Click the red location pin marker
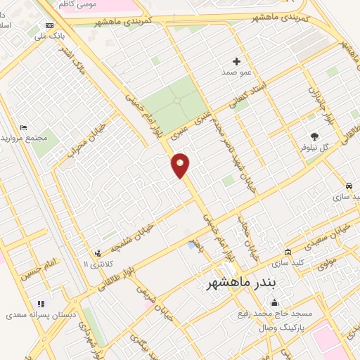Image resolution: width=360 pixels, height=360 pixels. point(181,165)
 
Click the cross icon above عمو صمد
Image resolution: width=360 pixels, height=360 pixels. point(236,62)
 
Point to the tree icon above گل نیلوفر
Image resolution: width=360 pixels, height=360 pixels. point(314,136)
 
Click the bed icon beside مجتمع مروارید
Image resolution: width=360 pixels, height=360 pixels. point(24,128)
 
